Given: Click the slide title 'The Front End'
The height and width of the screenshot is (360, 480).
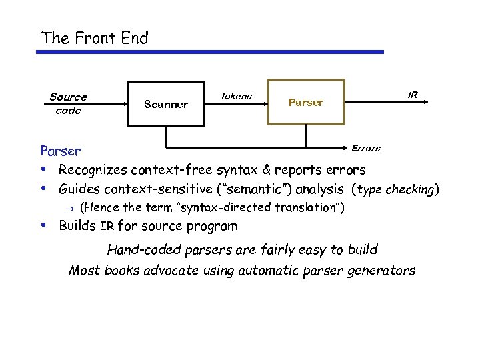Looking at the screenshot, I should click(x=95, y=38).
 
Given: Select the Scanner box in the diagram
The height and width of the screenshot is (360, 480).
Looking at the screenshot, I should click(x=166, y=103).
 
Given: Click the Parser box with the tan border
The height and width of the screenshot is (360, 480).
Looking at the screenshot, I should click(x=306, y=103).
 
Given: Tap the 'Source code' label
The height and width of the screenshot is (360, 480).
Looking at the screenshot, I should click(x=68, y=104).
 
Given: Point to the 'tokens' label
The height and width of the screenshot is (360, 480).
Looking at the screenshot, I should click(x=236, y=96).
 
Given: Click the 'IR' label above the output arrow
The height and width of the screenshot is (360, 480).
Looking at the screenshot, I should click(x=413, y=95).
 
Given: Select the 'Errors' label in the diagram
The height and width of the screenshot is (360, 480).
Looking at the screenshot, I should click(x=365, y=148).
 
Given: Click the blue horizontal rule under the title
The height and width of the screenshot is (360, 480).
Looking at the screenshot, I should click(x=213, y=52).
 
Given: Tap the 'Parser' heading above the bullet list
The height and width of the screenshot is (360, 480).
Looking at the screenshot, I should click(x=61, y=151).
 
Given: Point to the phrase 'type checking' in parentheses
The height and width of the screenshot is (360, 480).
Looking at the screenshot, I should click(x=395, y=189).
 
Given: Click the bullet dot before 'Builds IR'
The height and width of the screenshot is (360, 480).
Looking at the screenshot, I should click(x=44, y=225).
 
